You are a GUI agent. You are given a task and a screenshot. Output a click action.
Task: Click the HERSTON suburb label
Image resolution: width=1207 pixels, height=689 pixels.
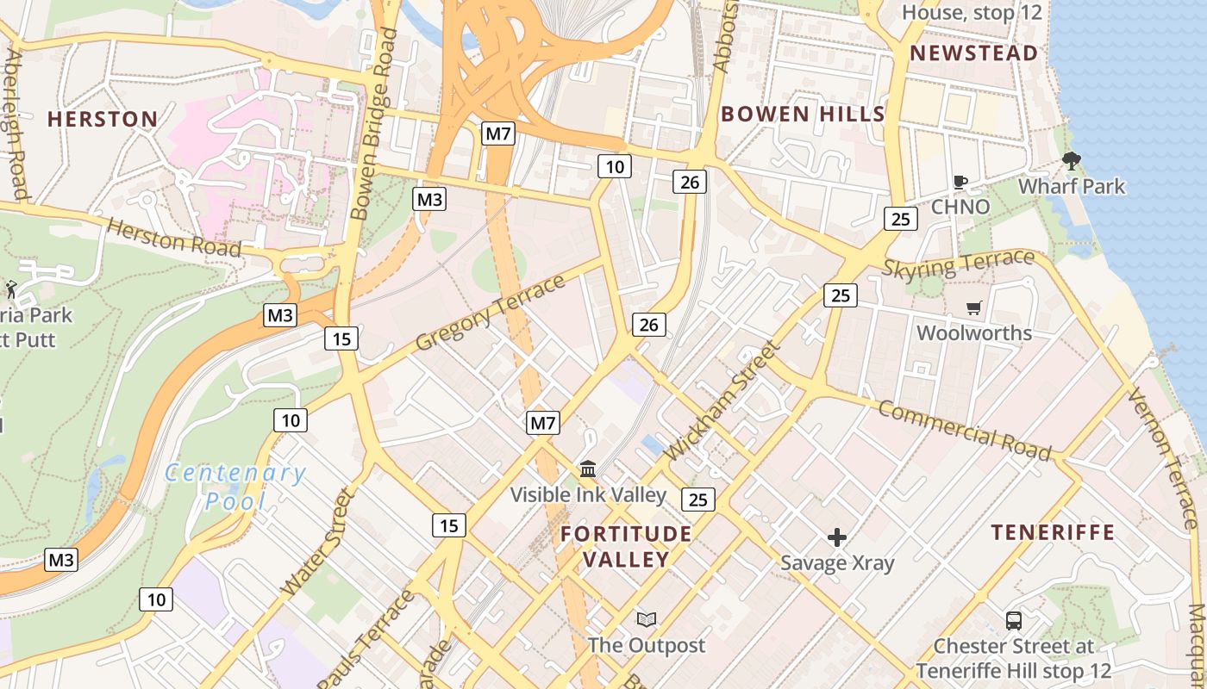pyautogui.click(x=103, y=119)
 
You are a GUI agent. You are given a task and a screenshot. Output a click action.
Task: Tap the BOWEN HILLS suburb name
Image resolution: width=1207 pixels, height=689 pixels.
pyautogui.click(x=803, y=114)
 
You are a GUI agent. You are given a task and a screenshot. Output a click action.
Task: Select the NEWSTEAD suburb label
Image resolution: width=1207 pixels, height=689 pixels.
pyautogui.click(x=974, y=53)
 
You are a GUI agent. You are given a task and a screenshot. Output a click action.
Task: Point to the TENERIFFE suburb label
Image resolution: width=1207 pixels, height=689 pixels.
pyautogui.click(x=1053, y=532)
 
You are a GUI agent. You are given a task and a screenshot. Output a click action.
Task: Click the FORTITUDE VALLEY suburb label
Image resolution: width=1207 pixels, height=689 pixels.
pyautogui.click(x=626, y=547)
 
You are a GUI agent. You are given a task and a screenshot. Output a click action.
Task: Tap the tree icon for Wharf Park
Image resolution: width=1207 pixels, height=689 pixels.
pyautogui.click(x=1072, y=161)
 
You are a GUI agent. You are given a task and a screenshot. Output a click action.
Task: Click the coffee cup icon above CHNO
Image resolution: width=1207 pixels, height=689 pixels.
pyautogui.click(x=960, y=182)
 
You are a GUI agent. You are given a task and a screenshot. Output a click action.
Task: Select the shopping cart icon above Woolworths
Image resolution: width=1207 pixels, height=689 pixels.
pyautogui.click(x=974, y=307)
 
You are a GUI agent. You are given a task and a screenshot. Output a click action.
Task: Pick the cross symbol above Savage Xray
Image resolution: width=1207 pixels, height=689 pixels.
pyautogui.click(x=836, y=538)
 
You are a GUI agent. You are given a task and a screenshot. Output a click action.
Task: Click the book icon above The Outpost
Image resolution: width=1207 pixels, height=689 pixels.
pyautogui.click(x=646, y=619)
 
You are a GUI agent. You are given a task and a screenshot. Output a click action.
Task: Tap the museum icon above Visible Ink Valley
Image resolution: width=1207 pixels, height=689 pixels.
pyautogui.click(x=588, y=469)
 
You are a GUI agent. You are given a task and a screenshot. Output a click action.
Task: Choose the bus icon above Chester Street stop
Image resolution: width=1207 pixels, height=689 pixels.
pyautogui.click(x=1014, y=620)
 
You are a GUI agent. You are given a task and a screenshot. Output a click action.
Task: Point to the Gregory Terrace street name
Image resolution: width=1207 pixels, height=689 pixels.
pyautogui.click(x=490, y=313)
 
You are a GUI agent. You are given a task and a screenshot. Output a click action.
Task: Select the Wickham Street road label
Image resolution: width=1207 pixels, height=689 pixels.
pyautogui.click(x=722, y=401)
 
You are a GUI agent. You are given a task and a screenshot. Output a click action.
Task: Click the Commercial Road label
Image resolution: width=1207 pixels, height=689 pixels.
pyautogui.click(x=965, y=430)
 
